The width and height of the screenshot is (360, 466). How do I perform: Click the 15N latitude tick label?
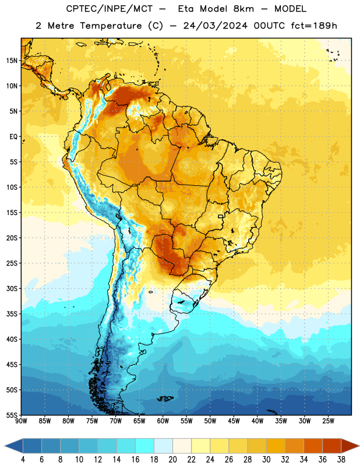tap(12, 61)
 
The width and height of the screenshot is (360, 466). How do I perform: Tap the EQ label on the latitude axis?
tap(13, 137)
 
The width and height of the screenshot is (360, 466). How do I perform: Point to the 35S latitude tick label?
tap(12, 314)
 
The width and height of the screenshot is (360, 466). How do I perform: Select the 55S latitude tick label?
tap(12, 415)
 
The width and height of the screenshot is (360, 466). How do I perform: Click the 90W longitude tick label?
tap(21, 421)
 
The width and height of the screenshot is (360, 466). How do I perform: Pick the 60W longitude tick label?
tap(163, 421)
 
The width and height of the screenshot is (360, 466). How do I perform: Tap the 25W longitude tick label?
tap(328, 421)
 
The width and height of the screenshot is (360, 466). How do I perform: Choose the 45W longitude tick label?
tap(234, 421)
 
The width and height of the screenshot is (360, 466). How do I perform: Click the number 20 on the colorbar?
tap(172, 460)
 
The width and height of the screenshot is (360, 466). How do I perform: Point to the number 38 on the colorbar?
tap(341, 460)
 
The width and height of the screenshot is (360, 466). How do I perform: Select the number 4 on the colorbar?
tap(23, 460)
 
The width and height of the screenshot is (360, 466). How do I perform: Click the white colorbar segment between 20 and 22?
tap(182, 446)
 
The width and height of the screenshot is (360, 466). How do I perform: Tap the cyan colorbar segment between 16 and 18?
tap(144, 446)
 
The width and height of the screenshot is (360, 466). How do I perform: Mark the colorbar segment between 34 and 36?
tap(313, 446)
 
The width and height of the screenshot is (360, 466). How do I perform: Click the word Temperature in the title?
tap(111, 26)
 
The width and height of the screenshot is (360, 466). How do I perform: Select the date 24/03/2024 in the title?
tap(215, 26)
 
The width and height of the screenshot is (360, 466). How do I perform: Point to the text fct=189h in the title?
tap(314, 26)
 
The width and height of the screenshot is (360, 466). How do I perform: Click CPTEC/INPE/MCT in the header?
tap(110, 9)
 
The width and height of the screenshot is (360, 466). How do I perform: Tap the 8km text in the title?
tap(243, 9)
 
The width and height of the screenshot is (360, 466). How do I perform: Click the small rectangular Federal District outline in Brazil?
tap(221, 216)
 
